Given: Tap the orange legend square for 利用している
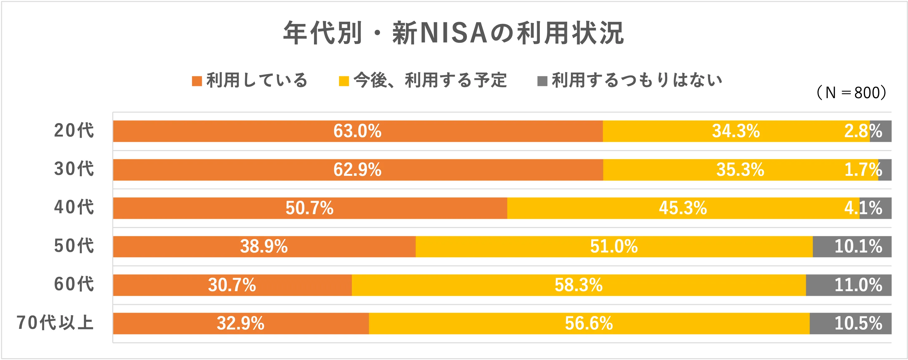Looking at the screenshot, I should [x=197, y=81].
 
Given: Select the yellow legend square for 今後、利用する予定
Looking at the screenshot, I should [x=344, y=81].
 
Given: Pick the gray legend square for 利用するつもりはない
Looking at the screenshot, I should [x=542, y=81].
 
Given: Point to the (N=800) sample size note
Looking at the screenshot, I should [x=851, y=93].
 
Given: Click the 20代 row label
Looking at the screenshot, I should [x=74, y=131].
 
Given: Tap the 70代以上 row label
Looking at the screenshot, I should [x=55, y=323].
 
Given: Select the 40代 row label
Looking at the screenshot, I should [x=74, y=207].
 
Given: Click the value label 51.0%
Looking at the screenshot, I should [x=614, y=247].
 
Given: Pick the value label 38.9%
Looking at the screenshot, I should [x=264, y=247].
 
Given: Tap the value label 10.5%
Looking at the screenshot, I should [x=858, y=323].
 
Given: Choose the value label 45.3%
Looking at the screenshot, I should [x=683, y=208].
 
